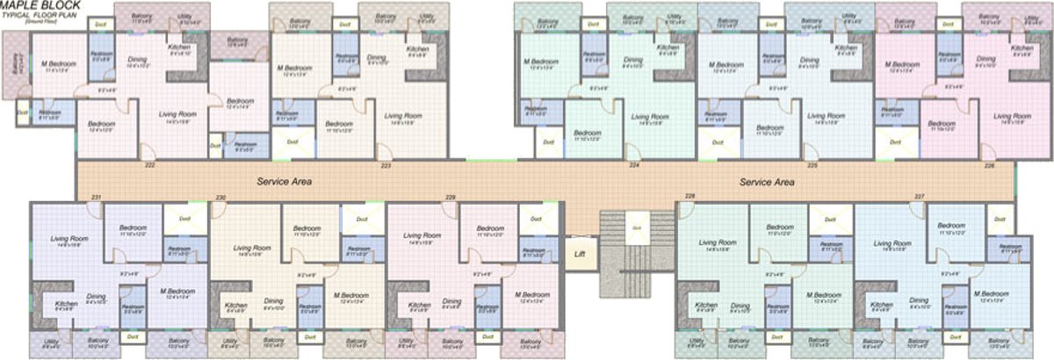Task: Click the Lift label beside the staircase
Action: [579, 255]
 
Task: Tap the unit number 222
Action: [150, 165]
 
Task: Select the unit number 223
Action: [386, 165]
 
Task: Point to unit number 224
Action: [632, 165]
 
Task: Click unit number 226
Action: [990, 165]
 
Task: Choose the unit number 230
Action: [220, 196]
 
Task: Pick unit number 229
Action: [451, 196]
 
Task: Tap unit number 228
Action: [690, 196]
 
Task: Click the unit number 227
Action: [920, 196]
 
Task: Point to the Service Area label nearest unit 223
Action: [285, 182]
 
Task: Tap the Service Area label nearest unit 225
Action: [767, 182]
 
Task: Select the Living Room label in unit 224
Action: [650, 117]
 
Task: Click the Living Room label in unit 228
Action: [718, 242]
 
